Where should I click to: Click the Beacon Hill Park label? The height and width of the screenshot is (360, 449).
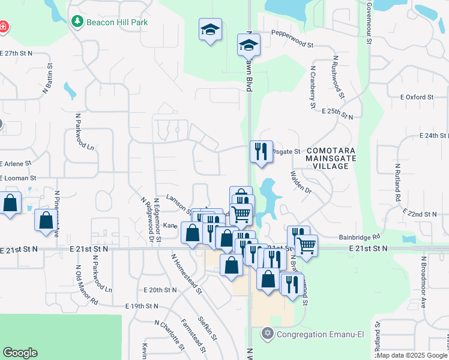[117, 22]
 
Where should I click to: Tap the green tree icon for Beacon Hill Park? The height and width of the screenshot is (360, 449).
[77, 22]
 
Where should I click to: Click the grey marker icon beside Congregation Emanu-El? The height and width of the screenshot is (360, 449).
[268, 332]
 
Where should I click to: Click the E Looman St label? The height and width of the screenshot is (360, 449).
[19, 178]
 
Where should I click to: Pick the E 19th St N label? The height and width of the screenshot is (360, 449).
[142, 306]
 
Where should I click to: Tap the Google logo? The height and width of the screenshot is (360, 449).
[20, 353]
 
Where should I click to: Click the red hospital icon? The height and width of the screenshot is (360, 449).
[3, 26]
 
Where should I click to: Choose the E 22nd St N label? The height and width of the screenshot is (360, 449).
[420, 214]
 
